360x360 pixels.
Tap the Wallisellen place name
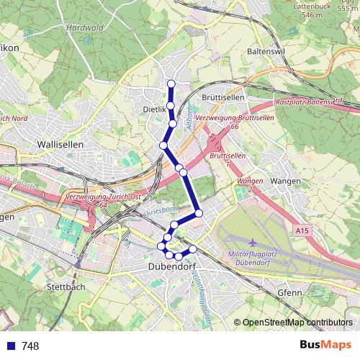(60, 144)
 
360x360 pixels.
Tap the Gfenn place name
(289, 293)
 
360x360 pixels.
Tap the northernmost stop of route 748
(171, 84)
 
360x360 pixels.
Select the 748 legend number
(30, 346)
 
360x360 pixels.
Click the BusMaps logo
(325, 346)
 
